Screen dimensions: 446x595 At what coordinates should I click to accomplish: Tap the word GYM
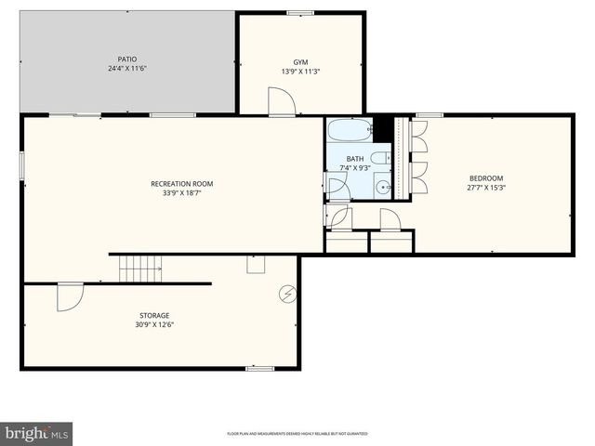click(x=300, y=62)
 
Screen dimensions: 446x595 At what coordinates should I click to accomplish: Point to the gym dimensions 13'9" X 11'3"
click(x=300, y=72)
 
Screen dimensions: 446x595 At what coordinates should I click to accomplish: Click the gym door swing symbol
click(x=281, y=101)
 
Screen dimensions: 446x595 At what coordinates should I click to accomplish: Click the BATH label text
click(x=355, y=159)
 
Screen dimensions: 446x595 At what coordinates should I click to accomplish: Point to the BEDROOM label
click(x=486, y=178)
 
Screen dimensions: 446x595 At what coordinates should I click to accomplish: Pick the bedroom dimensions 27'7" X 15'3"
click(x=486, y=188)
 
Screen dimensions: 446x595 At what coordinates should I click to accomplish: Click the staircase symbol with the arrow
click(x=140, y=269)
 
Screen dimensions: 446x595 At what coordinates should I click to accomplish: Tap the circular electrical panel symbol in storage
click(x=287, y=294)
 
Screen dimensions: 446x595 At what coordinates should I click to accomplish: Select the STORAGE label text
click(x=154, y=316)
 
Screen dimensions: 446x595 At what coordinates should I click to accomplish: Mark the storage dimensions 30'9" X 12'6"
click(x=154, y=325)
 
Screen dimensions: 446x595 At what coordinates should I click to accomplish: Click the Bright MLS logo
click(x=37, y=433)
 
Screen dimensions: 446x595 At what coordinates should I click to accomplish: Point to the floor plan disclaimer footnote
click(x=297, y=434)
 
